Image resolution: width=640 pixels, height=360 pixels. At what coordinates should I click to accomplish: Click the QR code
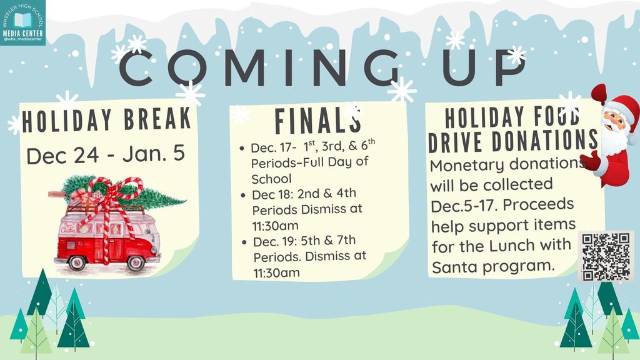point(606,256)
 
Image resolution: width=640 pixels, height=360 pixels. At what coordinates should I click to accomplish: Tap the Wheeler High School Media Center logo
point(22,22)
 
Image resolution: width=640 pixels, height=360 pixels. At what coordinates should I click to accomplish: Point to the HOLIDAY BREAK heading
point(106,121)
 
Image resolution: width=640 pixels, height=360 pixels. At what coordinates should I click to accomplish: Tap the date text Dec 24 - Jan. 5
point(106,154)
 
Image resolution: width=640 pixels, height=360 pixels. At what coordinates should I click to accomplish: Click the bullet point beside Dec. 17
point(242,149)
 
